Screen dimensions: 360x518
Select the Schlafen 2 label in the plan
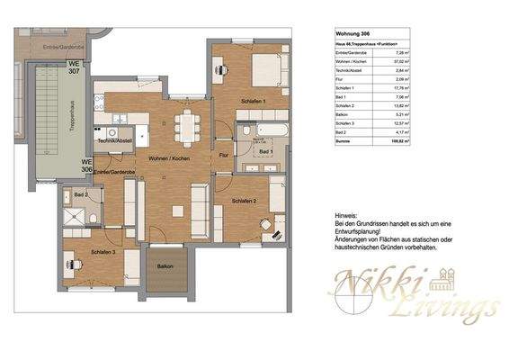(244, 201)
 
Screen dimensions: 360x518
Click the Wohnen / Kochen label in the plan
(169, 157)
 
